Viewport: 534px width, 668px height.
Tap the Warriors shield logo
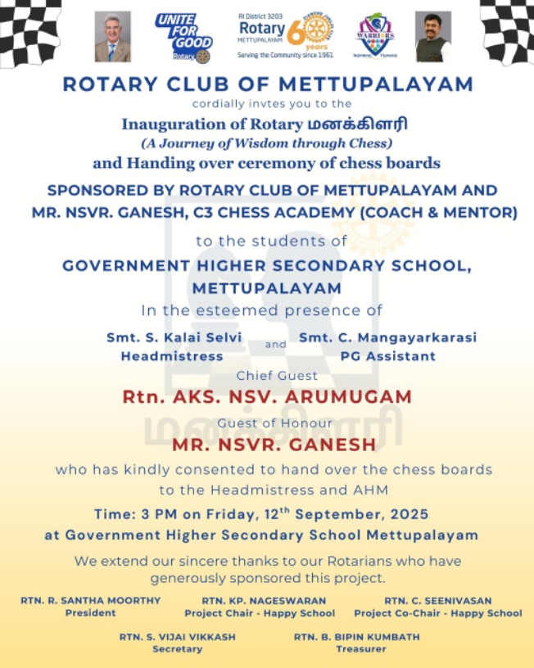tap(375, 37)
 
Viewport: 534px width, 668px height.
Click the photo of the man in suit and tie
tap(112, 37)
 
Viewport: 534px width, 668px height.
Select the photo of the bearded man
tap(432, 37)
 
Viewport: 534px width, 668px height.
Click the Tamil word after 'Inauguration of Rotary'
tap(369, 124)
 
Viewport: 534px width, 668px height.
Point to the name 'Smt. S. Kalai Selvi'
tap(174, 337)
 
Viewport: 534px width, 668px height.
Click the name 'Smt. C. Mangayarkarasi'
tap(387, 337)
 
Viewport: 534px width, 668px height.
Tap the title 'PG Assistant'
tap(387, 356)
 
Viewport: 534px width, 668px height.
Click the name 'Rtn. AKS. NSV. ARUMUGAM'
tap(267, 397)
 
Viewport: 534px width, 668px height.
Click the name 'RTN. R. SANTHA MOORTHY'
tap(90, 600)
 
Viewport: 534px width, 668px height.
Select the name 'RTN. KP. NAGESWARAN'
tap(258, 600)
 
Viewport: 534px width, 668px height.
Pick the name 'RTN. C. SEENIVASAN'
tap(437, 600)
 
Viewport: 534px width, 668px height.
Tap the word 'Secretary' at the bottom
tap(177, 649)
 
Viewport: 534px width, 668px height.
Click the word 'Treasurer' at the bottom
tap(357, 649)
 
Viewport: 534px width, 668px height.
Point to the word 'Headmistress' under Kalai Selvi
tap(172, 356)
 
